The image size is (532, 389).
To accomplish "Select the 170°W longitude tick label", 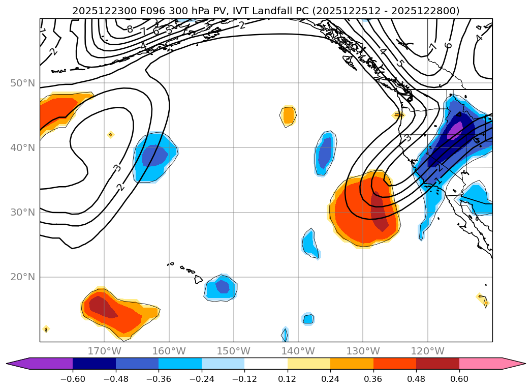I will coord(104,351).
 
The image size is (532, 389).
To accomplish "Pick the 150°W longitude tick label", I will coord(234,351).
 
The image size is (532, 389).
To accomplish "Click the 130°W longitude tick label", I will coord(363,351).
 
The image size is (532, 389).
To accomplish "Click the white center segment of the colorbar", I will coord(266,363).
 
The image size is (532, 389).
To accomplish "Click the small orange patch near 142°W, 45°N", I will coord(289,115).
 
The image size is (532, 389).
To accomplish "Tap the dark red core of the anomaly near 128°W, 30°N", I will coord(379,211).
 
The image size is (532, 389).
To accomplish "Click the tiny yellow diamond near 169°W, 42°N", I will coord(111,135).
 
